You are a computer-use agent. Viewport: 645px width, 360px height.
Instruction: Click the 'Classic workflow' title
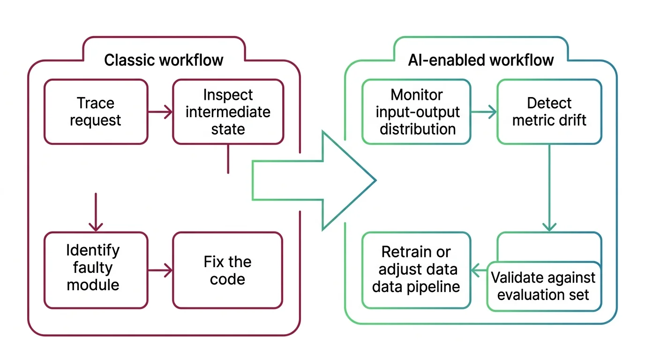[164, 60]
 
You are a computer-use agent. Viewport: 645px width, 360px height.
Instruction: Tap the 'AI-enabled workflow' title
[480, 60]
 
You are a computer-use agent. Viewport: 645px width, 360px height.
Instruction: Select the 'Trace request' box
[96, 112]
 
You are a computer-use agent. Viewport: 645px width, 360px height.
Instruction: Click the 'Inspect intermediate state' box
[228, 112]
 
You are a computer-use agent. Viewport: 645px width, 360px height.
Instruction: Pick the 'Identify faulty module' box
[96, 270]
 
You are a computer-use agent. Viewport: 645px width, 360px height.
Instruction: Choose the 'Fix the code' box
[228, 270]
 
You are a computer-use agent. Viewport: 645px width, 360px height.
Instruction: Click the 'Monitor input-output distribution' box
[416, 112]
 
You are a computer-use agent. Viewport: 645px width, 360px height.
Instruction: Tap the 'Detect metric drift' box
[549, 112]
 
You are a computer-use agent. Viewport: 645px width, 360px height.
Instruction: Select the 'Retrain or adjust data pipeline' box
[416, 270]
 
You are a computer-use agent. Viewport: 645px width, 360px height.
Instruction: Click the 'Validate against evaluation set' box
[544, 286]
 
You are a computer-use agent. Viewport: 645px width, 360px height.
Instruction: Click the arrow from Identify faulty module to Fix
[160, 270]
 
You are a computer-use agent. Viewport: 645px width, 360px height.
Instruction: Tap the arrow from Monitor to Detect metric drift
[483, 112]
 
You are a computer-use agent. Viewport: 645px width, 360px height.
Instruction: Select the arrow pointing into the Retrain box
[478, 270]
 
